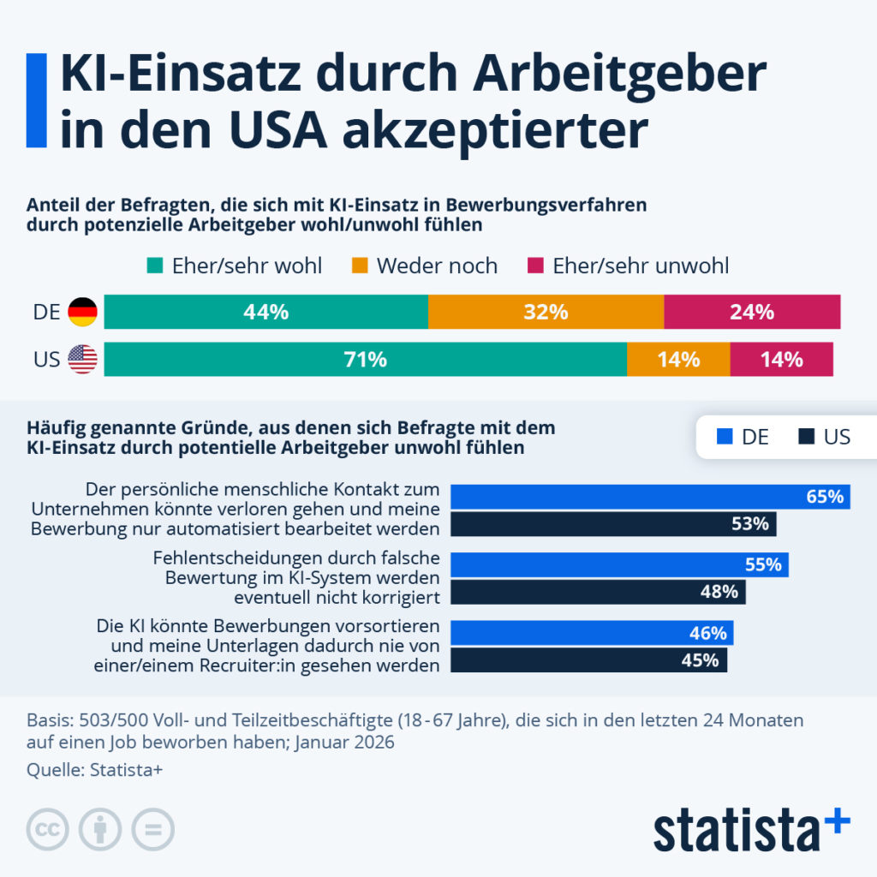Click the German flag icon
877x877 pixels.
coord(83,313)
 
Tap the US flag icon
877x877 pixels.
coord(83,360)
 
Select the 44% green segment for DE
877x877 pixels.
coord(265,313)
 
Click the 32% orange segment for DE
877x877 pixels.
coord(546,313)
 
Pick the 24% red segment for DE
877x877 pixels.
coord(752,313)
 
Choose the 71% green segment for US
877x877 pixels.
coord(365,360)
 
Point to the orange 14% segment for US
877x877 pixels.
coord(678,360)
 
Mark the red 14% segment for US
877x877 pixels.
coord(781,360)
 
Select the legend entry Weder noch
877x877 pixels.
coord(425,265)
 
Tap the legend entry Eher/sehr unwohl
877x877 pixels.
coord(628,265)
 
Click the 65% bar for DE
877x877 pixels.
coord(650,497)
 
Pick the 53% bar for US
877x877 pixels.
coord(613,524)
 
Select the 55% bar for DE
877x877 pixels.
coord(619,565)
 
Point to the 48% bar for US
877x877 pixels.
coord(598,592)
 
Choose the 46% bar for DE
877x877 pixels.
coord(592,633)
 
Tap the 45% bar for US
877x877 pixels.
coord(588,659)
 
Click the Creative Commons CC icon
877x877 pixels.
coord(49,829)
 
